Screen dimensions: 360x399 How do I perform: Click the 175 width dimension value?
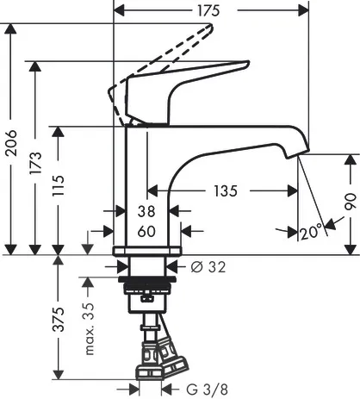coord(208,11)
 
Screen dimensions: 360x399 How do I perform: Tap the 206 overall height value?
coord(11,143)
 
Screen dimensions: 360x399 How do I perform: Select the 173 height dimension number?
coord(36,163)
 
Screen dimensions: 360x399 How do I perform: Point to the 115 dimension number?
coord(59,185)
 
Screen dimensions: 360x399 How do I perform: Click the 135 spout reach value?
coord(226,191)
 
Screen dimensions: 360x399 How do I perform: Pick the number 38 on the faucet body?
coord(146,211)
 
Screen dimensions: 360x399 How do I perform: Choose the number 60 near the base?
coord(146,231)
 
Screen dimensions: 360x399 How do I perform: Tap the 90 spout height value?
coord(351,202)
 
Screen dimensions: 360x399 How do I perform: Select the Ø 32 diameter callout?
coord(208,267)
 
